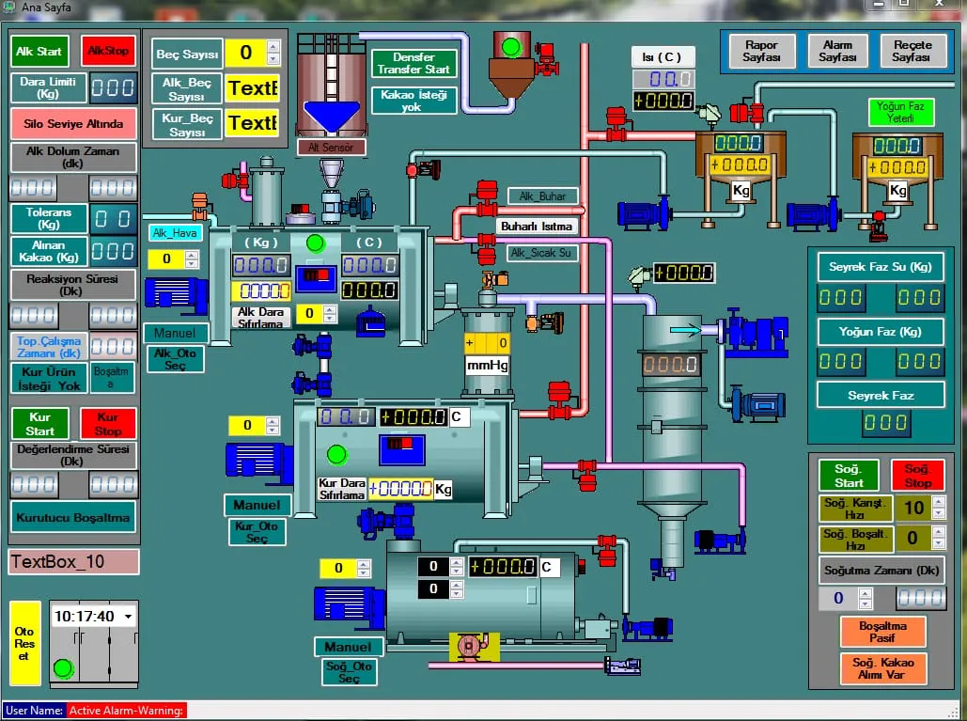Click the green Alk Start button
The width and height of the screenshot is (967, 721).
click(x=39, y=51)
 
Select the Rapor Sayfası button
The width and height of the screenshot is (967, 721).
click(x=761, y=51)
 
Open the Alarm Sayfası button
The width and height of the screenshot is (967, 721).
click(x=836, y=51)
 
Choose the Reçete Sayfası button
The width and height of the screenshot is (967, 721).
click(x=912, y=51)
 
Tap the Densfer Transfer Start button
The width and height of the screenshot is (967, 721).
click(x=413, y=63)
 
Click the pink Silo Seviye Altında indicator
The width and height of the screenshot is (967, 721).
click(x=73, y=123)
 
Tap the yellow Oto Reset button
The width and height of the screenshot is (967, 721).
click(x=24, y=643)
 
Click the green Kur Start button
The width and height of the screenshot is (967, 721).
click(x=39, y=424)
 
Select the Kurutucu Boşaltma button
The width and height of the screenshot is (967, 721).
click(x=73, y=516)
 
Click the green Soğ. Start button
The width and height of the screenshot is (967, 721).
click(x=848, y=475)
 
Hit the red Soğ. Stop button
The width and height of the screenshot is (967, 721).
click(x=917, y=475)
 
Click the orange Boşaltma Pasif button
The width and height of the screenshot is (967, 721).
click(x=882, y=631)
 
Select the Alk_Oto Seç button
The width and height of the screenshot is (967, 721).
click(x=175, y=359)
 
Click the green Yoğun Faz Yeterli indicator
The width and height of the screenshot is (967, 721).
click(x=900, y=113)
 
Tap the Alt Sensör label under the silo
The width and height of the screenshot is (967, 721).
click(x=331, y=147)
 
